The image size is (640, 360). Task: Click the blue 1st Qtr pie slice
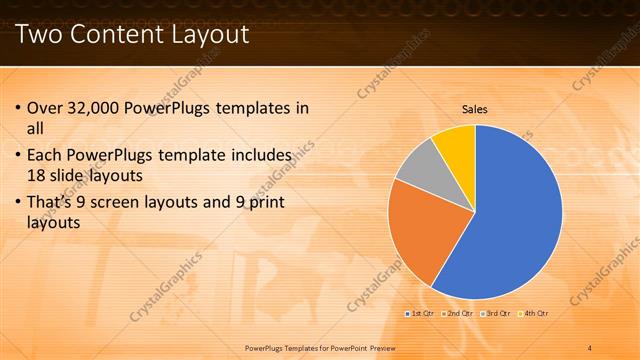coord(510,220)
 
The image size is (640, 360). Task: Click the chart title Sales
coord(474,109)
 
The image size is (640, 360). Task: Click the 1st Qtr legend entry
coord(420,313)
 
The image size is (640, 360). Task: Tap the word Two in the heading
coord(41,35)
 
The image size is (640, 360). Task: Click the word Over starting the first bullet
coord(45,108)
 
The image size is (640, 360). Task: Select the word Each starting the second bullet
coord(45,156)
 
